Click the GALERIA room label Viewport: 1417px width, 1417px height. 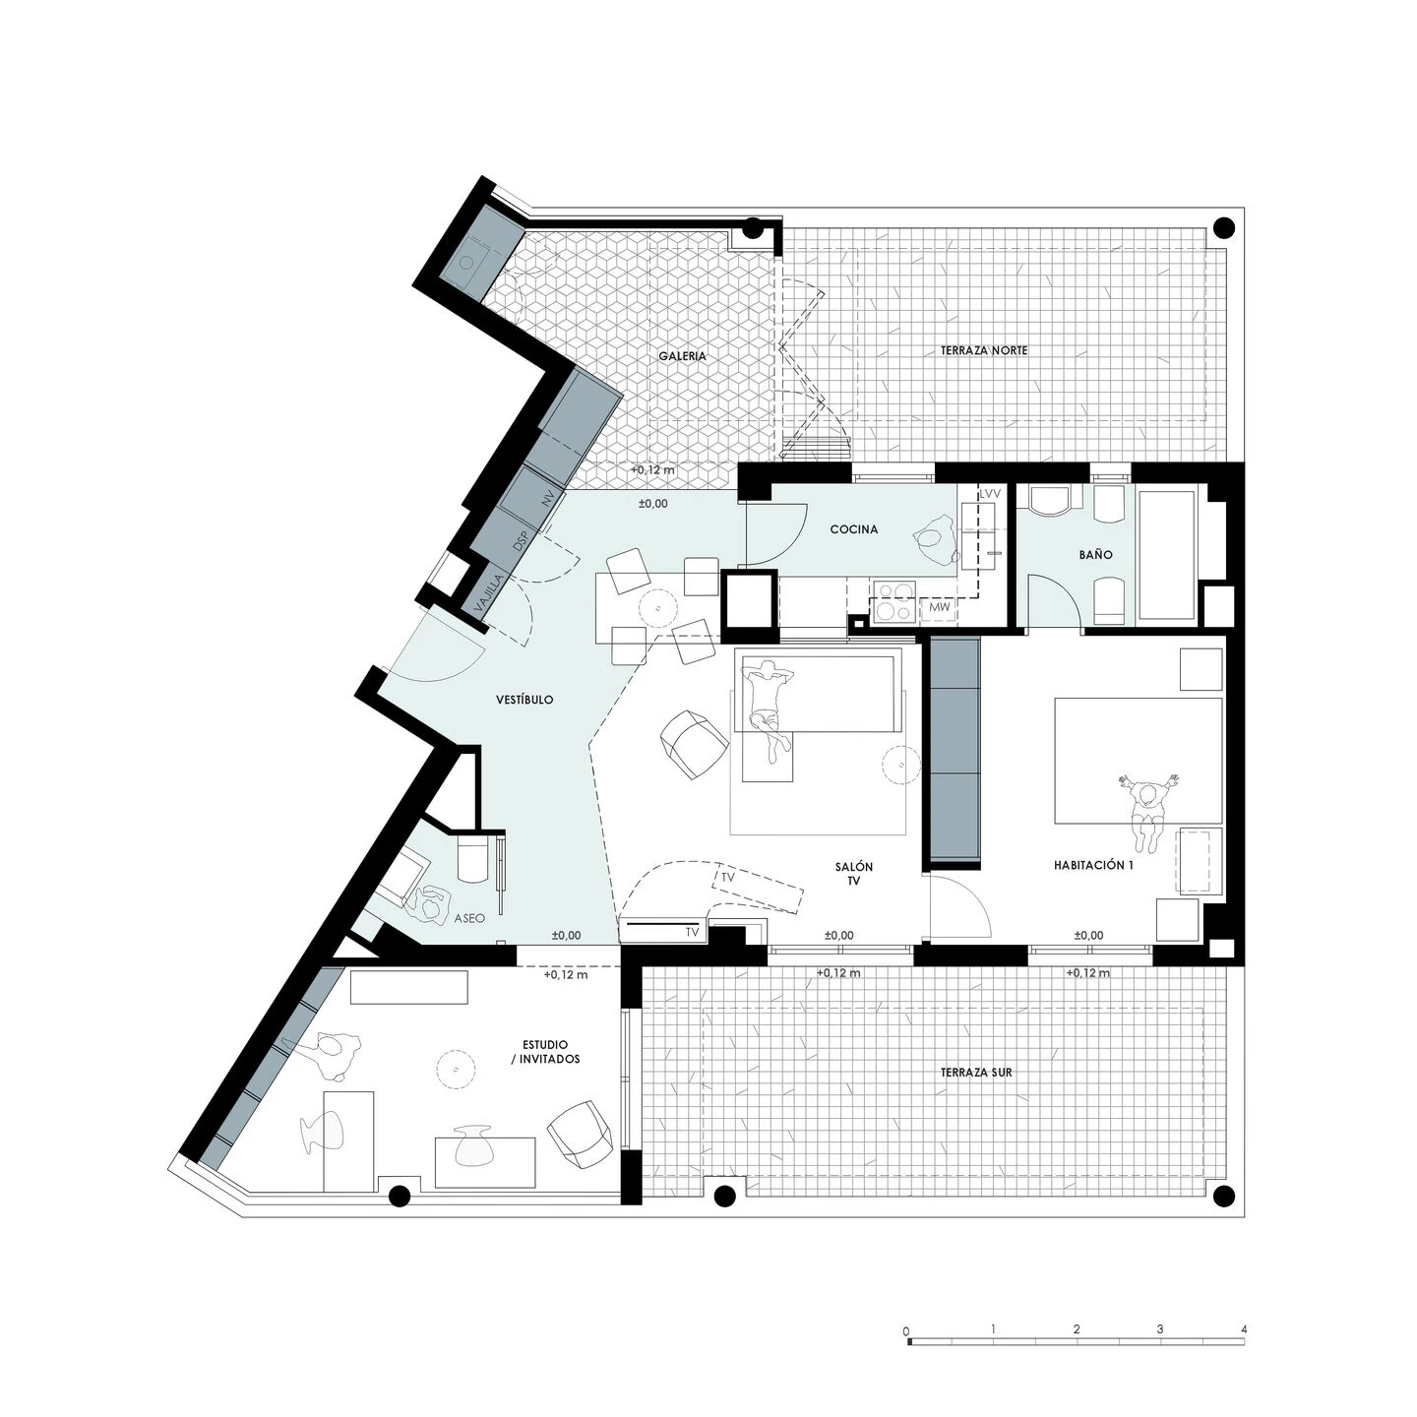[683, 356]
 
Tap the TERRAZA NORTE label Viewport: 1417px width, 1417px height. [983, 350]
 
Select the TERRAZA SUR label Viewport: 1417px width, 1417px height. [975, 1073]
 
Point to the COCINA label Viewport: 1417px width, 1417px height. [853, 529]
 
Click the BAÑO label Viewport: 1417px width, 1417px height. [1095, 555]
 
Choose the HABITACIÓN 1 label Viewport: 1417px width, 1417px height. [1093, 865]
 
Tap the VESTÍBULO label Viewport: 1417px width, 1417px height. [524, 700]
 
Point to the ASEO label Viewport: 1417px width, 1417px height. [469, 918]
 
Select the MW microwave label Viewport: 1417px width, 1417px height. [938, 609]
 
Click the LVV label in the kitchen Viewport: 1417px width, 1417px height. [990, 493]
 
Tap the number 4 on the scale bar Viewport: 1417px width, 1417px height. [1244, 1329]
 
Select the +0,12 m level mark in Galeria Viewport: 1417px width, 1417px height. [652, 469]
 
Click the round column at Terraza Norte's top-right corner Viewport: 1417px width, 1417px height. [1224, 228]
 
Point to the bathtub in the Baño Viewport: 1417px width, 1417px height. [1166, 555]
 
